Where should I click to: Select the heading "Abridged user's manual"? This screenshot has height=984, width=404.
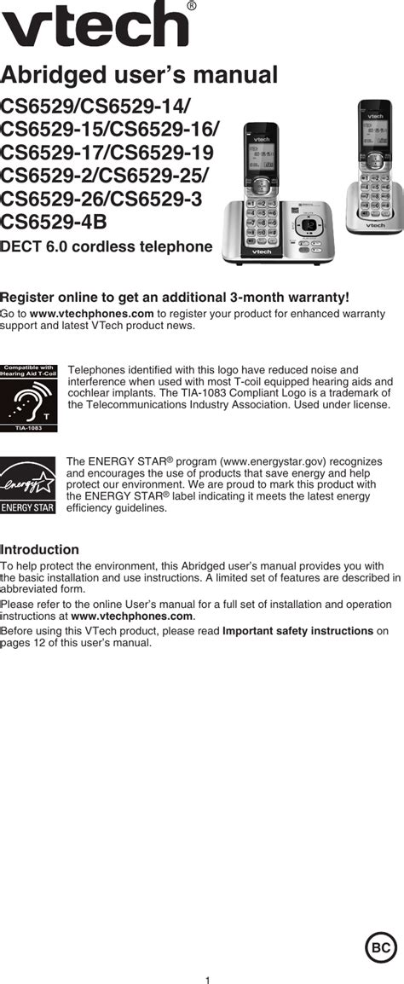[x=139, y=75]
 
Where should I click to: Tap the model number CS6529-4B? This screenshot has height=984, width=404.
[x=53, y=223]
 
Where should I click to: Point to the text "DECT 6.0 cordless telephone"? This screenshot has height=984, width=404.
[x=107, y=247]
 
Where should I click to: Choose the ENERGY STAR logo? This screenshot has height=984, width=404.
[x=27, y=485]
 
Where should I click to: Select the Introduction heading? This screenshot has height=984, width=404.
[x=40, y=550]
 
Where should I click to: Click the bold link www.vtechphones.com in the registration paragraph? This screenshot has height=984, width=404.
[x=86, y=314]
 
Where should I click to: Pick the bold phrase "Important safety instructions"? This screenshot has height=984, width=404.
[x=297, y=631]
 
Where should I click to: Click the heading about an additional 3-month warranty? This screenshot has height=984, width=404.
[x=175, y=297]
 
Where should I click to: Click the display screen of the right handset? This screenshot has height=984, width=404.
[x=374, y=132]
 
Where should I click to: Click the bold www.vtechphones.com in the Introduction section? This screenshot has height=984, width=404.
[x=132, y=616]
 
